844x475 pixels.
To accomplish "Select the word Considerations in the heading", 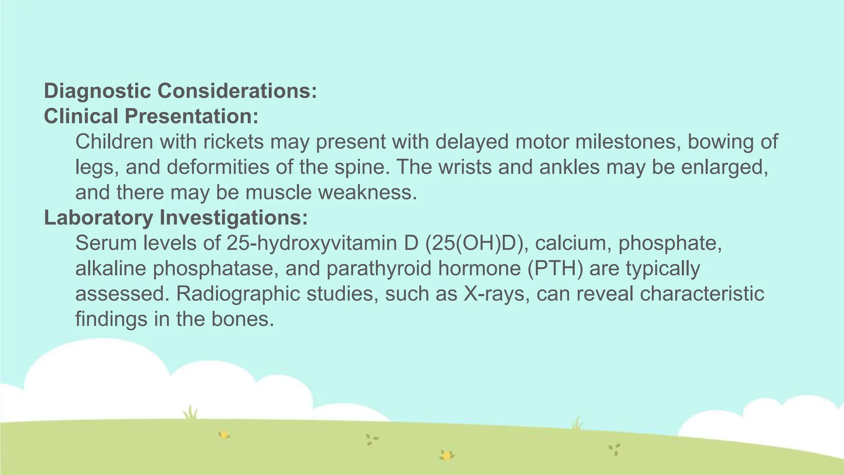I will coord(237,91).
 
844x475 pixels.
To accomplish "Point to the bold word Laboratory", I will coord(98,218).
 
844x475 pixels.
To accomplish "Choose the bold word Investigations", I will coord(234,218).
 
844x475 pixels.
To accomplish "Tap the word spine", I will coord(359,167).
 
